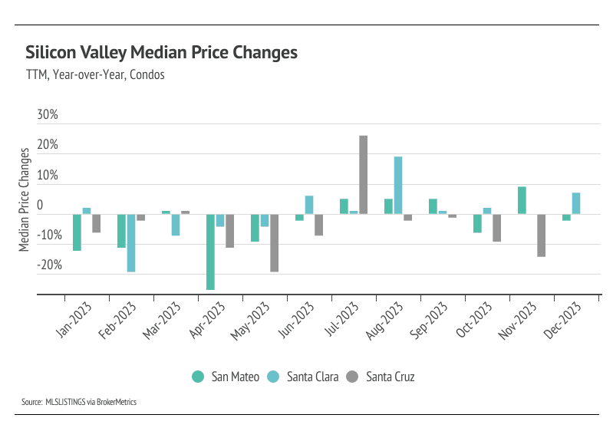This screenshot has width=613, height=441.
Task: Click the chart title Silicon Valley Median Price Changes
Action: (x=161, y=53)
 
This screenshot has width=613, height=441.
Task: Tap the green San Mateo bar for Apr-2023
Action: (x=210, y=252)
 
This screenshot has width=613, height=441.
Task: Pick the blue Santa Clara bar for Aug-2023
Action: (x=398, y=185)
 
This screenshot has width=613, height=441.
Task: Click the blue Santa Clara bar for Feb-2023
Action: (x=130, y=242)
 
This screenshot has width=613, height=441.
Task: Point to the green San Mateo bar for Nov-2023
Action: (x=522, y=200)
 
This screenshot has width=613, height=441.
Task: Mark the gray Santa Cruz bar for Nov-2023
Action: (x=541, y=235)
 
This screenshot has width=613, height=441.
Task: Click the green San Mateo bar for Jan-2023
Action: (x=77, y=232)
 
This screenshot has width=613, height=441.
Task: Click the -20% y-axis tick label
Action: (x=46, y=265)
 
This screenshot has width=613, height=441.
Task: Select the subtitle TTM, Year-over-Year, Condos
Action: (x=95, y=75)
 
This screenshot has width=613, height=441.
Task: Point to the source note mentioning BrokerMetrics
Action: (x=79, y=401)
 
